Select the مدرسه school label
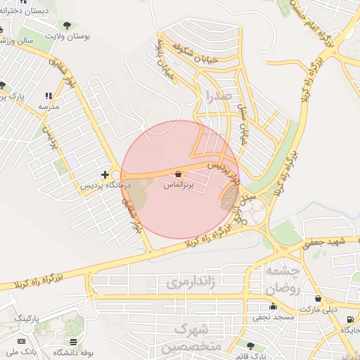(48, 106)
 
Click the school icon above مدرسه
(48, 96)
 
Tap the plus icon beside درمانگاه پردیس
(105, 174)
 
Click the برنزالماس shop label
(177, 185)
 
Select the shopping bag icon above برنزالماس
(177, 174)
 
